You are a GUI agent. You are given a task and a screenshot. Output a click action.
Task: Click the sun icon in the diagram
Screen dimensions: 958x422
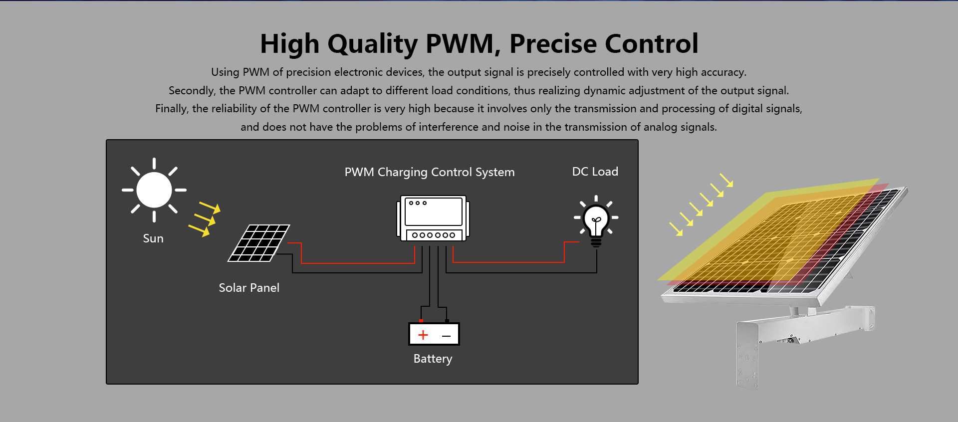tap(154, 190)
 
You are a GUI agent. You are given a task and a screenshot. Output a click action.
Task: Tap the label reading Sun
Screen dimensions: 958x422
tap(153, 238)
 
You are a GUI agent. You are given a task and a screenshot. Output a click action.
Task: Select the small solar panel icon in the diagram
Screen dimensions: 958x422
tap(258, 243)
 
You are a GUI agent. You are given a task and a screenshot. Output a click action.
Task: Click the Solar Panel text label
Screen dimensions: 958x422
tap(249, 288)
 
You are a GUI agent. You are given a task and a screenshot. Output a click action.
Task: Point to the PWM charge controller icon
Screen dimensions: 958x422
tap(433, 218)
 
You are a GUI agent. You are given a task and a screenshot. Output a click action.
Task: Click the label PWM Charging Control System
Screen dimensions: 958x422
tap(430, 172)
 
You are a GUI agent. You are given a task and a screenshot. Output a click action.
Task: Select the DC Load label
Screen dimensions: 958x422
tap(595, 172)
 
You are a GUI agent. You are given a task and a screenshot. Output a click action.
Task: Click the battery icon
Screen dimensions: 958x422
tap(434, 333)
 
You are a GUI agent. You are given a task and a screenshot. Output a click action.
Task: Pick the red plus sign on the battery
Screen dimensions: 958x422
tap(423, 335)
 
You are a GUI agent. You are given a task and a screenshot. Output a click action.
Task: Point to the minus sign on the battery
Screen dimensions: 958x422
tap(447, 336)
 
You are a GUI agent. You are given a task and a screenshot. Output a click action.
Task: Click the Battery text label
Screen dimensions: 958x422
tap(433, 359)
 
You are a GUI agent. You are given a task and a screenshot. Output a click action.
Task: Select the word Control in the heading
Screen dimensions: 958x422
tap(654, 43)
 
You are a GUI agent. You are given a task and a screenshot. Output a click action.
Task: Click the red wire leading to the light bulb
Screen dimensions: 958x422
tap(508, 262)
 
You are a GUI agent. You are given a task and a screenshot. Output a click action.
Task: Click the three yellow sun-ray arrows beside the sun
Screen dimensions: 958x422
tap(204, 218)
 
